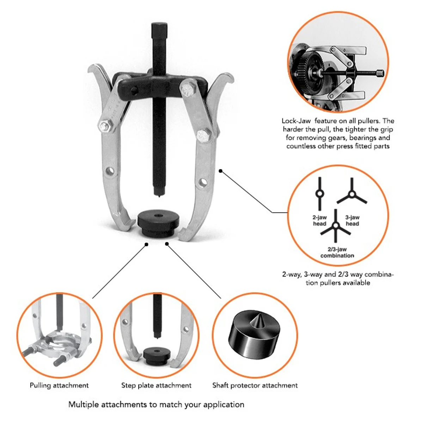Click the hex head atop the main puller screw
159,31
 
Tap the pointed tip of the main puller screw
159,196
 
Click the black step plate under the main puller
158,223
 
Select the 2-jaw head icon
319,194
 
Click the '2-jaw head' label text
320,221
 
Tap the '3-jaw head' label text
352,221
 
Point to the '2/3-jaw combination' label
337,252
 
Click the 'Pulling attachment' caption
59,385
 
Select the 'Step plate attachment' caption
156,385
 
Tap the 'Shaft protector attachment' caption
255,385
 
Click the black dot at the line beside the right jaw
221,171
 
